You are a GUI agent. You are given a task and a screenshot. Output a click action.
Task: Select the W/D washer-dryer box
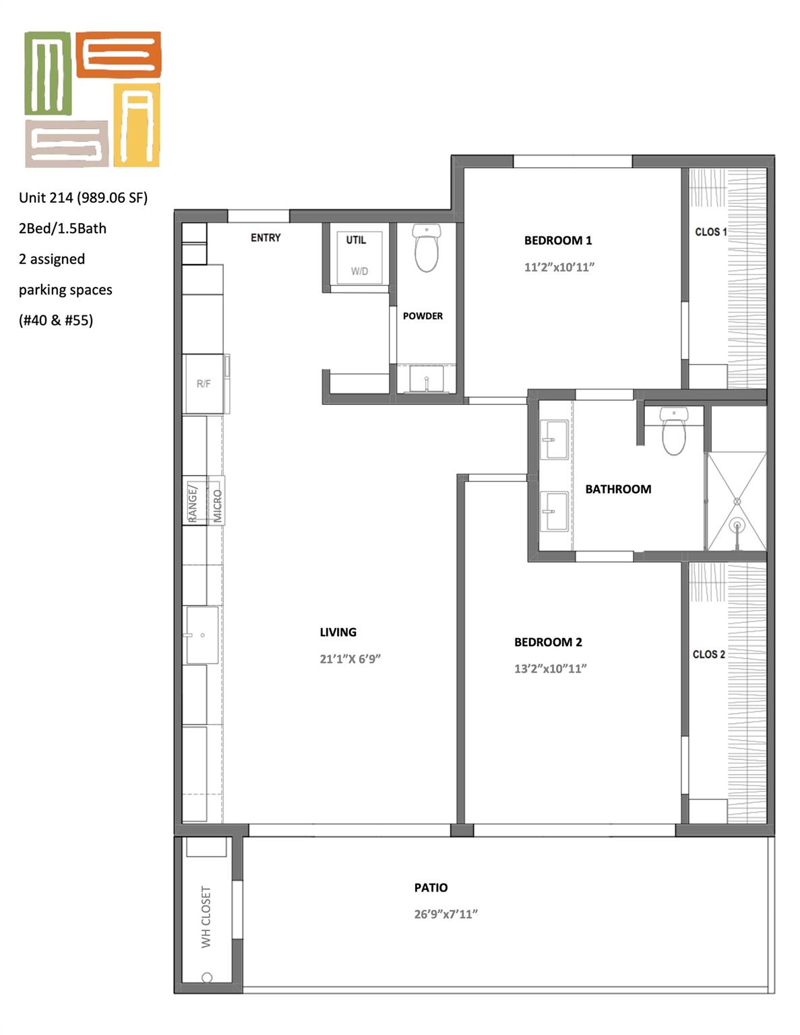[x=360, y=257]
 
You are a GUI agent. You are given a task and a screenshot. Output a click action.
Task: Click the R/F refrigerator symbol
[x=204, y=384]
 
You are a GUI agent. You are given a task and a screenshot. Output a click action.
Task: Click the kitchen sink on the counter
[x=202, y=635]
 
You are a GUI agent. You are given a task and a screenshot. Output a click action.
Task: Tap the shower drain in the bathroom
[x=737, y=525]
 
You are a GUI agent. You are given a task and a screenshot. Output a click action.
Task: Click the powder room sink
[x=427, y=379]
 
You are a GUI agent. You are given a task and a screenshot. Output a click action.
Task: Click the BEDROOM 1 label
[x=558, y=241]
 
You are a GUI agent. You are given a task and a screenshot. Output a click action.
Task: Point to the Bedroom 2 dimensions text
[x=550, y=669]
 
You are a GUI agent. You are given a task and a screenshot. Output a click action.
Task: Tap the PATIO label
[x=431, y=888]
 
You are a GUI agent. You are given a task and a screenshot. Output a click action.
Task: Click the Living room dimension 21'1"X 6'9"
[x=350, y=659]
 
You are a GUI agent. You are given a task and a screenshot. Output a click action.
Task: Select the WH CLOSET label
[x=206, y=916]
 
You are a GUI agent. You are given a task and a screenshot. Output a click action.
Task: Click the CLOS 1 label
[x=710, y=232]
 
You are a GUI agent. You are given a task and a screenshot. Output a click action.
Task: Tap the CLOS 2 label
[x=708, y=654]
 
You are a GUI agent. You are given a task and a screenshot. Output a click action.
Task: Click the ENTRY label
[x=266, y=238]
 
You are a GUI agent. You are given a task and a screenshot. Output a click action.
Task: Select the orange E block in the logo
[x=118, y=54]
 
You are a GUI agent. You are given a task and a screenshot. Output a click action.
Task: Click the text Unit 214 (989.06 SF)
[x=83, y=197]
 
